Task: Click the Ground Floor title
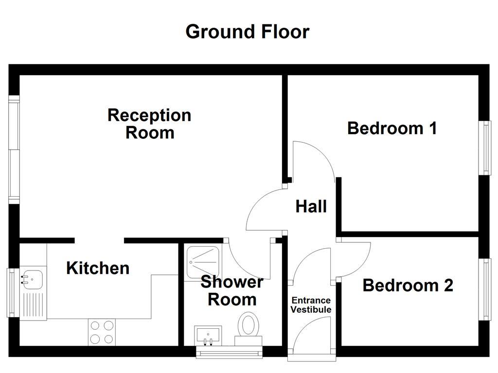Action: [247, 32]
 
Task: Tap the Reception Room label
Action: [149, 124]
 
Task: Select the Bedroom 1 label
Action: [392, 128]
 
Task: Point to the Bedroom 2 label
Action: [408, 285]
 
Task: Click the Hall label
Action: [311, 207]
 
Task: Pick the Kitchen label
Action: [98, 268]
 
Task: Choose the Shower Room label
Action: [232, 290]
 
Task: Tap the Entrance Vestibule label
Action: [311, 305]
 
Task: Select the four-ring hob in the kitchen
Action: [102, 332]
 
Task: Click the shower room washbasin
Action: [208, 335]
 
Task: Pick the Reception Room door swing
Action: [265, 211]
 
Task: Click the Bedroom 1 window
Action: [486, 148]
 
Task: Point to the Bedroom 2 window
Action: [486, 289]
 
